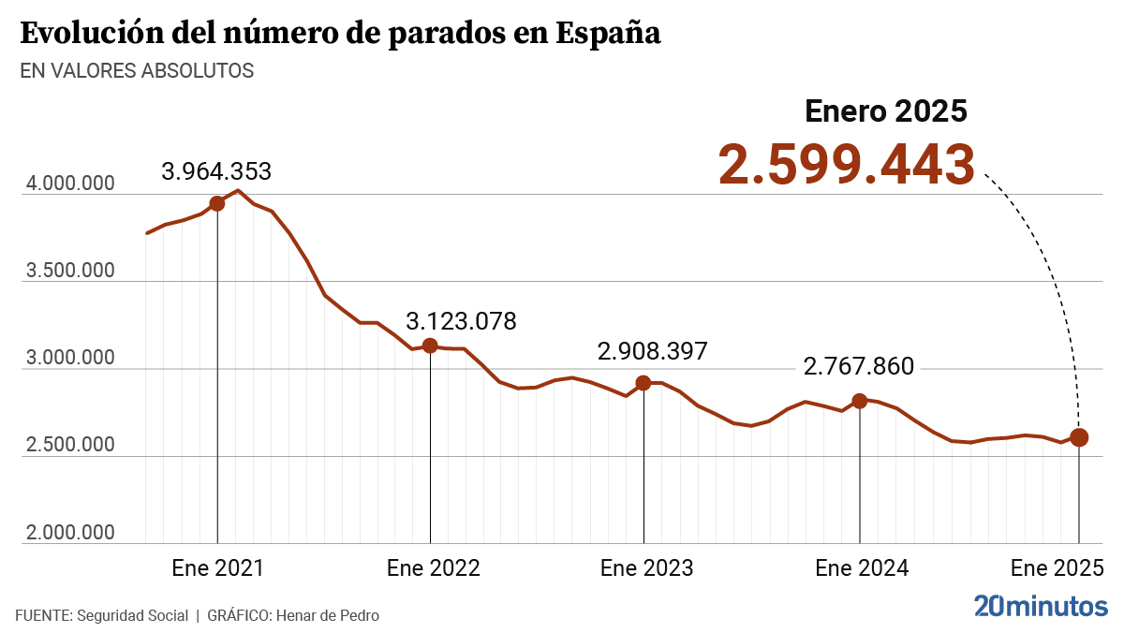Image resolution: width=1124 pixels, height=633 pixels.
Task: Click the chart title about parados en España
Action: (340, 34)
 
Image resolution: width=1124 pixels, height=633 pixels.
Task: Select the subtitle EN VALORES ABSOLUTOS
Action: (137, 71)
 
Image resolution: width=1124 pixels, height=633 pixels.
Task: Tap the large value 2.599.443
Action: (847, 166)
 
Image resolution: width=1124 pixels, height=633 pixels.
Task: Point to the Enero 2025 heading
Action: (885, 111)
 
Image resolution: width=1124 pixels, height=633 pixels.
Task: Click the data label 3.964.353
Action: (216, 172)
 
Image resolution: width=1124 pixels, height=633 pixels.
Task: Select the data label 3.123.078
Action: (461, 322)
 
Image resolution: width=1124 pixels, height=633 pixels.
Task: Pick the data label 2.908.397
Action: (653, 352)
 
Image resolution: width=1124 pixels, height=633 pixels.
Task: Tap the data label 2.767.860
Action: (858, 367)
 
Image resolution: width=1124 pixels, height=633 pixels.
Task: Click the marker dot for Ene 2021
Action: (217, 203)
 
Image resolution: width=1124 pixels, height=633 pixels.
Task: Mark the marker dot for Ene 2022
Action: (430, 346)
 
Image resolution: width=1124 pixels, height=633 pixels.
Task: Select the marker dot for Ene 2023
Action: (643, 383)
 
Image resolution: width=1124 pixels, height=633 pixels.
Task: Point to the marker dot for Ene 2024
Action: (859, 401)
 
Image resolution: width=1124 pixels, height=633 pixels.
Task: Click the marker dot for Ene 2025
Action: (1079, 437)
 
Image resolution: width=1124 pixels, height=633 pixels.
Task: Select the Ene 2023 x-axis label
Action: (646, 568)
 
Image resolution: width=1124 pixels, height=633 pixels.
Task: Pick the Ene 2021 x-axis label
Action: (217, 568)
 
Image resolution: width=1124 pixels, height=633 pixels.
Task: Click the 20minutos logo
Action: (1040, 606)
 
